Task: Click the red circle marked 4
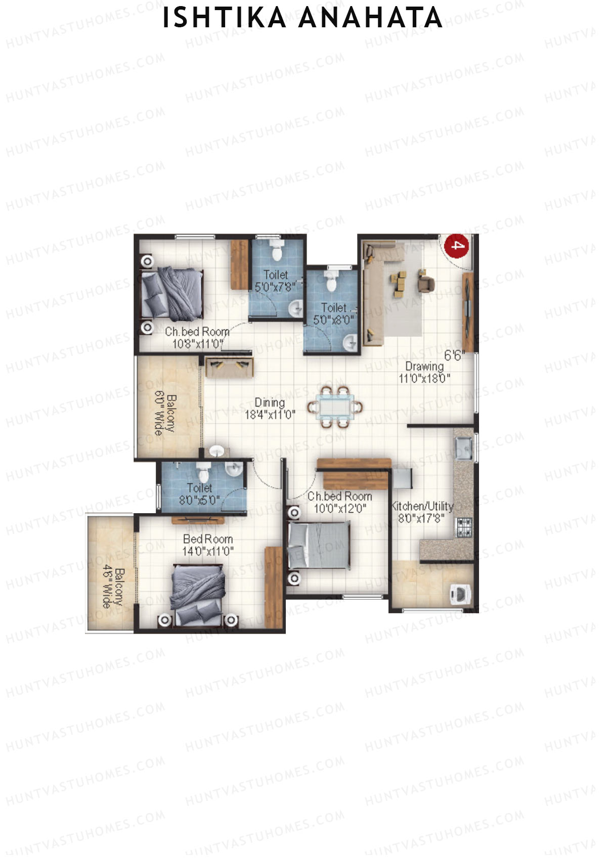pos(456,246)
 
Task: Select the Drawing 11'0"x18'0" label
pos(424,372)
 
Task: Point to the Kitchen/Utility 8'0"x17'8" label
pos(422,512)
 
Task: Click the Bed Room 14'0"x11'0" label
pos(208,545)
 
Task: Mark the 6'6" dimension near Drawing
pos(454,355)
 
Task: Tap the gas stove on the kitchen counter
pos(464,527)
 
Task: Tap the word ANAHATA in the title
pos(370,18)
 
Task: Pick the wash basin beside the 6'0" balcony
pos(218,450)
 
